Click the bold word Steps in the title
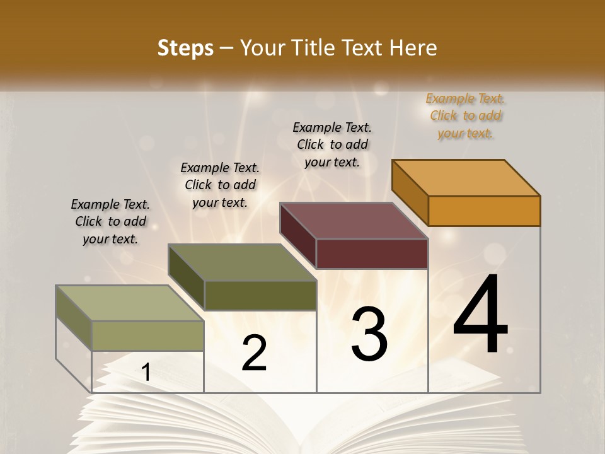(185, 48)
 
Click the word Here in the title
(413, 48)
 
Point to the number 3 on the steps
(369, 334)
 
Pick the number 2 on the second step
(255, 353)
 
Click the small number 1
(146, 372)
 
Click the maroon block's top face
(353, 220)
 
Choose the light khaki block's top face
(129, 303)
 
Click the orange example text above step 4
(466, 115)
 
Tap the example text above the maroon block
(332, 144)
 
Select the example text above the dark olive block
(220, 185)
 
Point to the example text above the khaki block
(110, 221)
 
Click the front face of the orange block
(484, 211)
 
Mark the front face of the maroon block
(372, 253)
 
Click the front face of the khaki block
(147, 335)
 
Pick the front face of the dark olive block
(260, 295)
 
